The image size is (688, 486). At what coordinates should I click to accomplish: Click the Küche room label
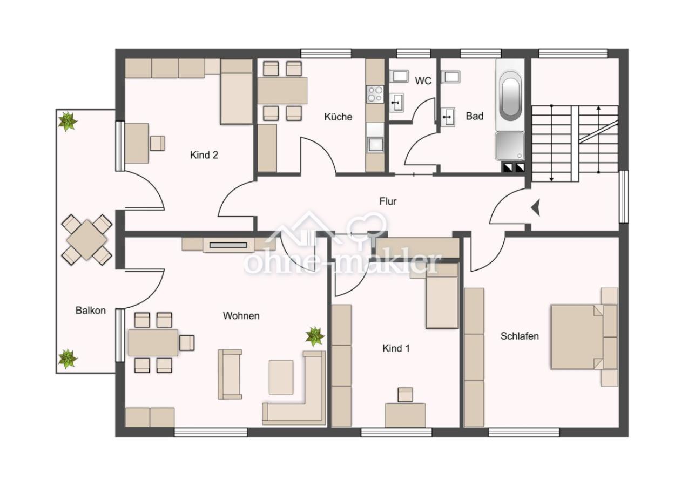[x=338, y=117]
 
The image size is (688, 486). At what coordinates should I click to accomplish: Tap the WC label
[x=423, y=81]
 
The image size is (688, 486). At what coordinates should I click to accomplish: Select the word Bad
[x=475, y=116]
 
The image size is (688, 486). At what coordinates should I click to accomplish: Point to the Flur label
[x=388, y=201]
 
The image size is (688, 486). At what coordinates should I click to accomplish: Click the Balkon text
[x=91, y=310]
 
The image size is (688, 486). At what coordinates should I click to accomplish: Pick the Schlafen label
[x=520, y=336]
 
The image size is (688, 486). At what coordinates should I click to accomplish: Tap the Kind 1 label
[x=396, y=348]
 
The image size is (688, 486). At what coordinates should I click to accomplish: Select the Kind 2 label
[x=204, y=155]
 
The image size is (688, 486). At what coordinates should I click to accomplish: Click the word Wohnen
[x=241, y=315]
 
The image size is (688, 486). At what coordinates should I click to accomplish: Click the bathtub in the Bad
[x=510, y=95]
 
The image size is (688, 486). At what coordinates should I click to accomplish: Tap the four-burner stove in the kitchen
[x=375, y=94]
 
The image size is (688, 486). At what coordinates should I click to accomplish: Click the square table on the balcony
[x=87, y=240]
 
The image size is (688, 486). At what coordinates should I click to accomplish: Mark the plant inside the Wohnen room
[x=315, y=336]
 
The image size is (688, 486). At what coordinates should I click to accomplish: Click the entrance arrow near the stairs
[x=535, y=208]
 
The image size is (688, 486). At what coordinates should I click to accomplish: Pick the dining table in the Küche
[x=282, y=91]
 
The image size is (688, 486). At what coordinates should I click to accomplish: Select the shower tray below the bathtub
[x=510, y=146]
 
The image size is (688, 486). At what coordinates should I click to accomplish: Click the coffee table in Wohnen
[x=281, y=377]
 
